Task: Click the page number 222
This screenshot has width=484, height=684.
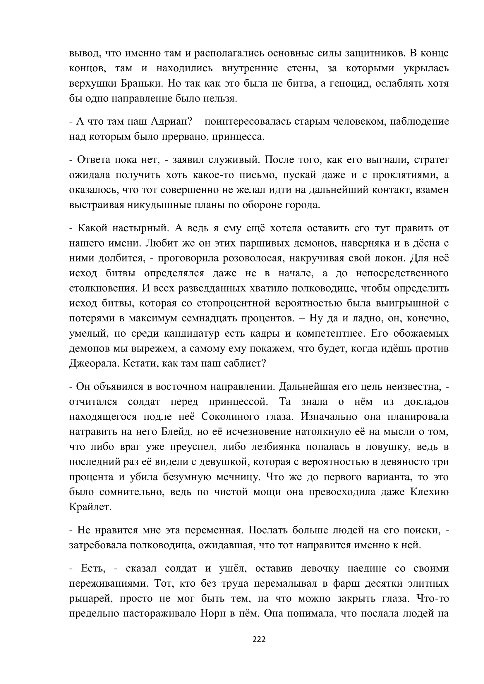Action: point(259,639)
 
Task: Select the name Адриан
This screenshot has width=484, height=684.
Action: point(169,121)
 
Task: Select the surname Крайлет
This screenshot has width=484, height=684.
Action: point(90,507)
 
